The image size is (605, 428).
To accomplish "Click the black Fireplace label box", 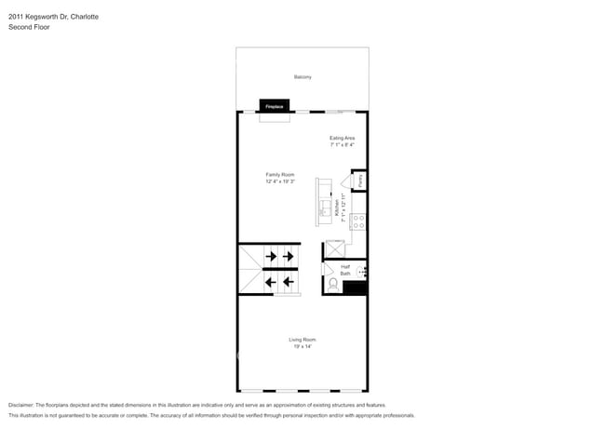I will tap(275, 106).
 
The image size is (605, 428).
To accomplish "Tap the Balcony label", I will tap(302, 76).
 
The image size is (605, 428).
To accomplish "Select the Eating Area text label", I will tap(343, 138).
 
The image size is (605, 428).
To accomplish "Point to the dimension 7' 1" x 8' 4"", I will tap(343, 145).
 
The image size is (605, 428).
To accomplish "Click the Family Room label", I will tap(280, 174).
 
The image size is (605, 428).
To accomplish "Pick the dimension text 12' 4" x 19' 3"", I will tap(280, 181).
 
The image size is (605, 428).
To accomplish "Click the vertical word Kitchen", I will tap(336, 209).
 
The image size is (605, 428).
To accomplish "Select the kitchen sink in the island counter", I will tap(326, 207).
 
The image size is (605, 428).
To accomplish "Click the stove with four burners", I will tap(358, 222).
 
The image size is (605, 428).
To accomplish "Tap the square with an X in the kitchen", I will tap(334, 248).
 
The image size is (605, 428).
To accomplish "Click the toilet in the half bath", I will tap(332, 283).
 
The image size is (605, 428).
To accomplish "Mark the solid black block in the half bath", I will tap(356, 288).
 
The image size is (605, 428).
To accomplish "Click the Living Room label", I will tap(302, 340).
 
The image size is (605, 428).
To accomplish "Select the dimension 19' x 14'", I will tap(302, 347).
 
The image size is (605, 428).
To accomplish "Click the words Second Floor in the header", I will tap(29, 28).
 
